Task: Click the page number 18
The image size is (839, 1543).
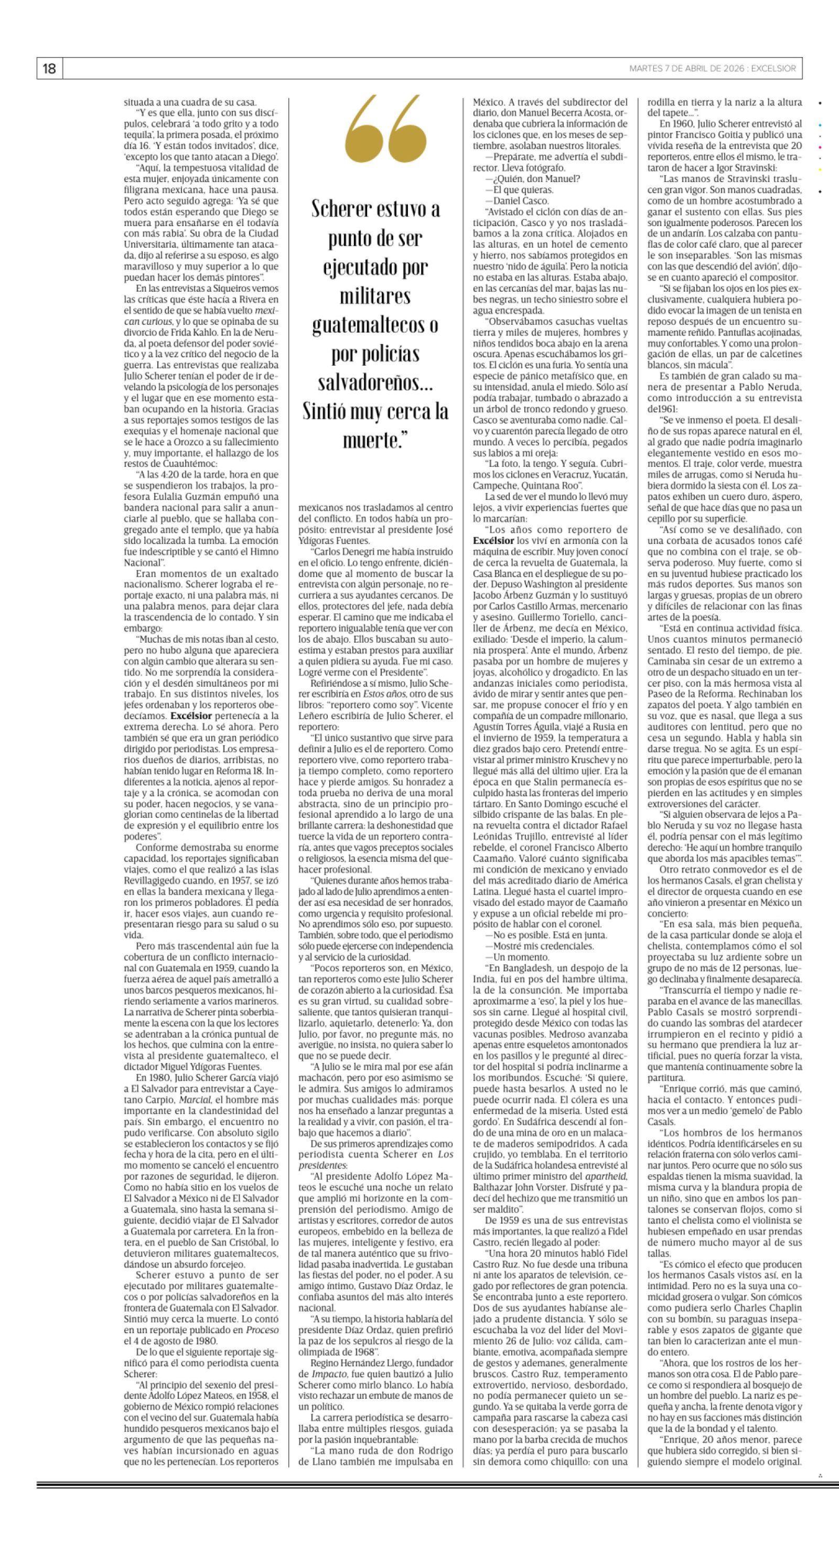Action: (x=49, y=69)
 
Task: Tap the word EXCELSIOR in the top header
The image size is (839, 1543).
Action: (x=776, y=69)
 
